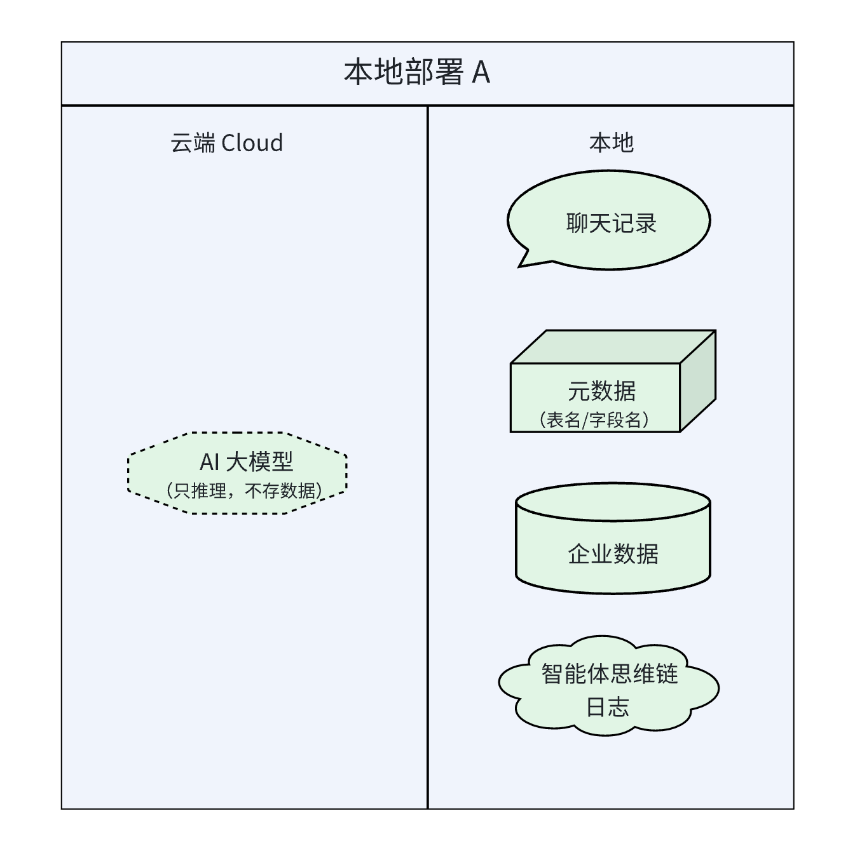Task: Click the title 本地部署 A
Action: click(416, 72)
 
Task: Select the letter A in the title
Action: click(481, 73)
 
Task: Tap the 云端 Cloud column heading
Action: click(226, 143)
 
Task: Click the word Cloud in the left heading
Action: click(252, 143)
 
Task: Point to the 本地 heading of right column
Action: click(611, 143)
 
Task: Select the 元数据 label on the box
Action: click(601, 391)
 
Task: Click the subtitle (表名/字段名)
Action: click(594, 420)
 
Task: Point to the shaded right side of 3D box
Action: click(698, 381)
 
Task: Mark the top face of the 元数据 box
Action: click(613, 347)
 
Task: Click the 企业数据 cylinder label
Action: click(613, 554)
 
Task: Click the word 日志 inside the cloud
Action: click(608, 707)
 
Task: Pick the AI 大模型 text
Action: click(246, 462)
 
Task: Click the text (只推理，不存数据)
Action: click(245, 490)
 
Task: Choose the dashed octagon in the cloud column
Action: click(153, 473)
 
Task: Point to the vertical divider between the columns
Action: click(428, 457)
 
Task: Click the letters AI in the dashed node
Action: click(210, 462)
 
